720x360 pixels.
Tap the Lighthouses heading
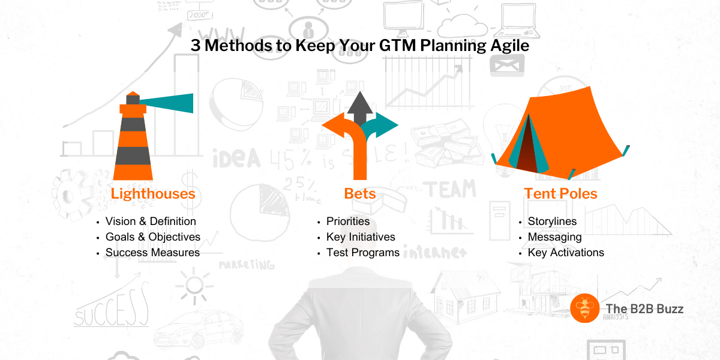tap(153, 194)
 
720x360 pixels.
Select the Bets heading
tap(360, 194)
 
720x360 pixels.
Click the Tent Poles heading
tap(561, 194)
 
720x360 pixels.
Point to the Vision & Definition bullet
tap(151, 221)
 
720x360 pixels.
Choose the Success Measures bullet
tap(152, 253)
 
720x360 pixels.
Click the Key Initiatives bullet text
tap(361, 237)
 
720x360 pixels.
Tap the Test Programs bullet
tap(363, 253)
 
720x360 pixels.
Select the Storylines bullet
tap(552, 221)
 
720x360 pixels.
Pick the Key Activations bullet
tap(566, 253)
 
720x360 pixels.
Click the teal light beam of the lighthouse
tap(167, 103)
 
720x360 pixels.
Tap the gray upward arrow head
tap(360, 103)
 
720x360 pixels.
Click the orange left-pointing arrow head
tap(334, 125)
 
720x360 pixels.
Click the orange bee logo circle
tap(584, 308)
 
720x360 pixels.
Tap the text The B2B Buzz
tap(644, 309)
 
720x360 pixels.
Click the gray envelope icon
tap(507, 65)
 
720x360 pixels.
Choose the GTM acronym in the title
tap(397, 46)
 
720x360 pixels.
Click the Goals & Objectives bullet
tap(153, 237)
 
